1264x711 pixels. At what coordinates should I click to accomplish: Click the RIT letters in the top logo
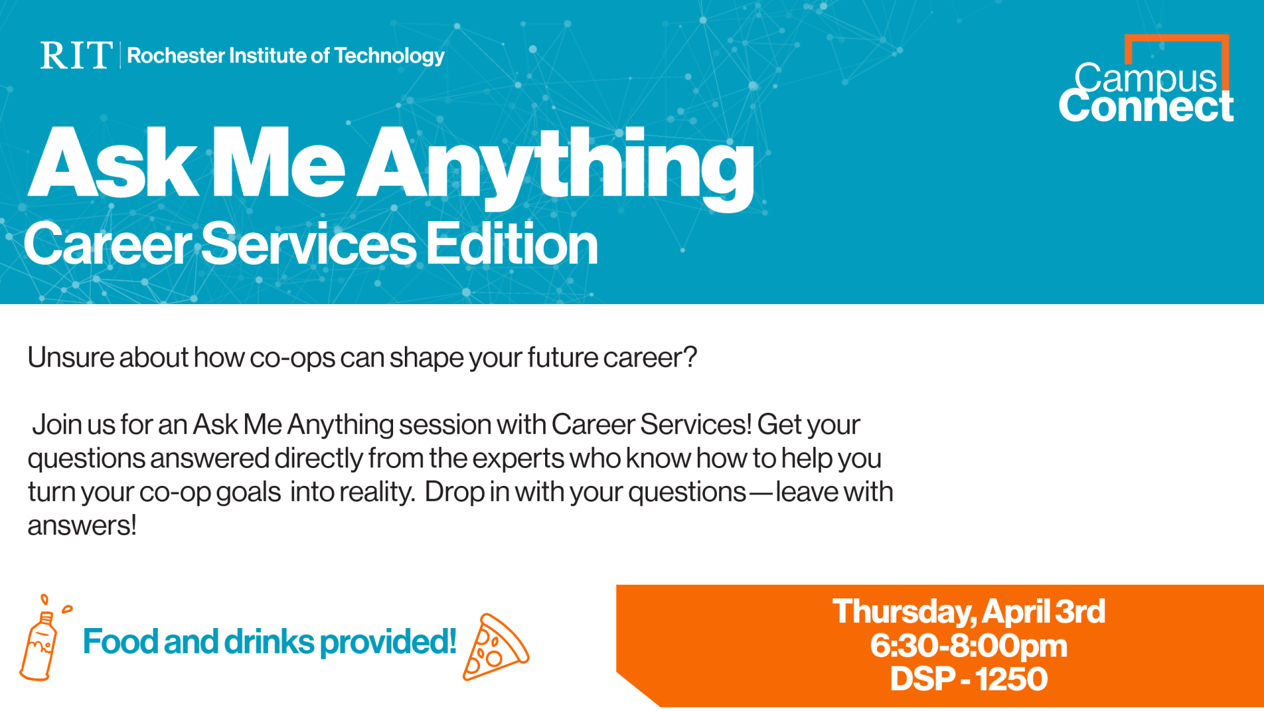(x=76, y=55)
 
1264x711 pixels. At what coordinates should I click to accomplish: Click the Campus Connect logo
(x=1146, y=79)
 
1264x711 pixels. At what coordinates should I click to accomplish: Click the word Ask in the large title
(x=113, y=162)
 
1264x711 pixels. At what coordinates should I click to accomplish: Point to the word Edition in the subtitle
(x=512, y=244)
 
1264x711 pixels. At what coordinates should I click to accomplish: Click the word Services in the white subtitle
(x=309, y=244)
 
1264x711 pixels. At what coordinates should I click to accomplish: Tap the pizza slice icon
(x=495, y=647)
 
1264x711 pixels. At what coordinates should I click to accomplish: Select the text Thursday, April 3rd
(x=968, y=612)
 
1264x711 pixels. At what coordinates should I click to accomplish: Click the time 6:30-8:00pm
(x=968, y=646)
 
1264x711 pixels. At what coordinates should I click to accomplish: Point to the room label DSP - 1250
(x=968, y=679)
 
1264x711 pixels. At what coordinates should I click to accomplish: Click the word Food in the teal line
(x=120, y=641)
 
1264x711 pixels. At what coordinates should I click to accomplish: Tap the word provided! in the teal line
(x=388, y=643)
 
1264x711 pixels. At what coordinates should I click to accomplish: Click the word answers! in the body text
(x=82, y=526)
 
